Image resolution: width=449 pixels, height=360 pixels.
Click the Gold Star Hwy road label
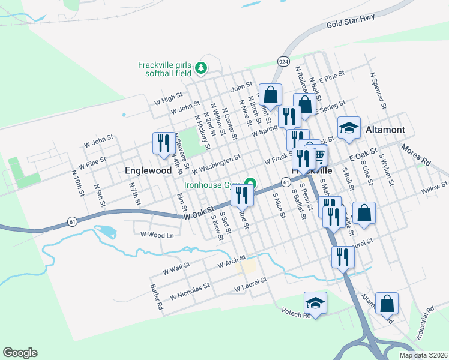pyautogui.click(x=351, y=22)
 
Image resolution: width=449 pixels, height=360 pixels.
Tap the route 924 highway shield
pyautogui.click(x=283, y=61)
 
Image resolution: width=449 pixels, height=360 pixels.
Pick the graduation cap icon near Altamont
pyautogui.click(x=349, y=128)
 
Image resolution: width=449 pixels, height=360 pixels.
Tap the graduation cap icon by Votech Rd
pyautogui.click(x=315, y=304)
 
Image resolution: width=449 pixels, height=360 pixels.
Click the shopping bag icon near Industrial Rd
pyautogui.click(x=387, y=304)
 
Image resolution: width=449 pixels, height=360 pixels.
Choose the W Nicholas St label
pyautogui.click(x=190, y=292)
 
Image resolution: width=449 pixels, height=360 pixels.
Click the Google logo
pyautogui.click(x=20, y=353)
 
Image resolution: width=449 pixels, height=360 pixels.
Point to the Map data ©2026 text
pyautogui.click(x=424, y=355)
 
